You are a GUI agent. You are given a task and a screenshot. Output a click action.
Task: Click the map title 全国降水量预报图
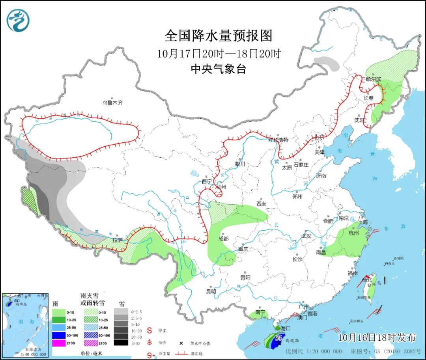218,36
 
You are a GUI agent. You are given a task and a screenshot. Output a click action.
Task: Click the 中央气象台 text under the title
218,69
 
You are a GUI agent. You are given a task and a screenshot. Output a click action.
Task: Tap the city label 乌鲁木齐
113,103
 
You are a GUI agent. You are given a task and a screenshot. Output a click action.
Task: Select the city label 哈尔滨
373,79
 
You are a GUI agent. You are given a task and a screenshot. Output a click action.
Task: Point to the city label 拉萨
117,240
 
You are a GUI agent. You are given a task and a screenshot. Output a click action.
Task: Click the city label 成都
223,238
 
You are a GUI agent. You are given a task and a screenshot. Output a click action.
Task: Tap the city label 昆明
211,291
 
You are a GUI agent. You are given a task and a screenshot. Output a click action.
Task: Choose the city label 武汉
306,236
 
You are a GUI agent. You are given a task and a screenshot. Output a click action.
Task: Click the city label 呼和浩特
278,140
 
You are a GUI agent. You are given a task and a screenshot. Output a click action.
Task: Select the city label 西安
262,203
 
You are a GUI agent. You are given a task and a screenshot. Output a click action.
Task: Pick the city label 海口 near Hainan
285,328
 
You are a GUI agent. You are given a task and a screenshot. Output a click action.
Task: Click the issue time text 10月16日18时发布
377,338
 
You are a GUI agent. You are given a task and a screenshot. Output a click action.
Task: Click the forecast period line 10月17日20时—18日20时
218,53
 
